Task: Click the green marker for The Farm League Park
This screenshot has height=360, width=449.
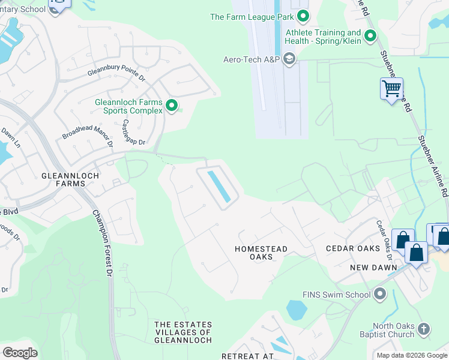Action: (x=303, y=16)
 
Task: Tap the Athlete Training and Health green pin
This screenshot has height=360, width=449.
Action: (x=370, y=37)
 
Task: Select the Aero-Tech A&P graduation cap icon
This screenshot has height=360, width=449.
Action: (x=289, y=58)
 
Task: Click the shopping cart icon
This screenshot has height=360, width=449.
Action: (x=391, y=89)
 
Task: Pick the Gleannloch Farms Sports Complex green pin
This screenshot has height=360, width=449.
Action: (x=172, y=106)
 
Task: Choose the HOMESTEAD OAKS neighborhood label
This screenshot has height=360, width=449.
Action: (x=261, y=253)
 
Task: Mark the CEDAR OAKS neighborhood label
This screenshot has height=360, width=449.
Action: (x=353, y=248)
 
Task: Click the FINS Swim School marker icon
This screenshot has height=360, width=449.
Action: (x=379, y=295)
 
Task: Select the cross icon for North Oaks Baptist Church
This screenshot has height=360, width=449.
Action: (x=424, y=328)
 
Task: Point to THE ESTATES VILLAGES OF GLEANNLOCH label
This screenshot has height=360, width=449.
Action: (x=183, y=332)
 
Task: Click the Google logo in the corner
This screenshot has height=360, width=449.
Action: (x=20, y=352)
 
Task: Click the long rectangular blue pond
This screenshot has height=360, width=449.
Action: (x=218, y=186)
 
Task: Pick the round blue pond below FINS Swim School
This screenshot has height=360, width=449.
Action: (x=297, y=310)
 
